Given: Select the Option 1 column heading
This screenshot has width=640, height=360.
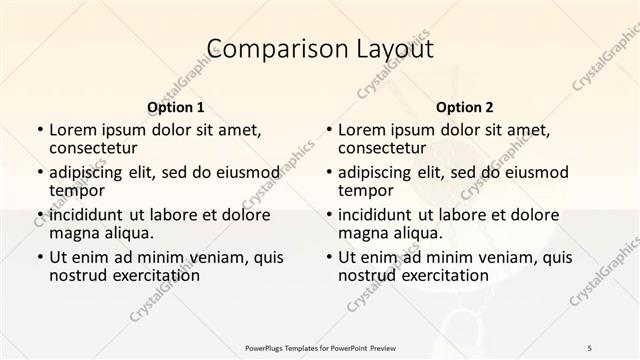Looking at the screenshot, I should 176,107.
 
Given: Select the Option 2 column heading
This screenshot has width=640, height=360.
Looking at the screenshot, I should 465,107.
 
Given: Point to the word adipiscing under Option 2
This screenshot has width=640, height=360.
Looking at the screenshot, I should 375,172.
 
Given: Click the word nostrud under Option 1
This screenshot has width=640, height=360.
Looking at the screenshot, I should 78,275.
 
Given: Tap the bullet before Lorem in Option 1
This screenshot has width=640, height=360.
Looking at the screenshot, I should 39,131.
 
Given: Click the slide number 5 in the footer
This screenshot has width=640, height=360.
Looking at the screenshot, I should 590,347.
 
